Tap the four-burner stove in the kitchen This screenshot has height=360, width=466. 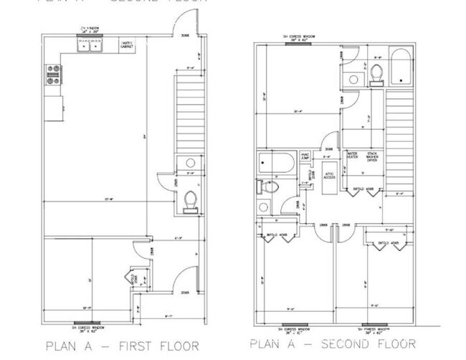coord(54,75)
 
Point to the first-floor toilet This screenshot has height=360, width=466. coord(190,199)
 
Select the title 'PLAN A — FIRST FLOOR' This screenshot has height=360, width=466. coord(122,346)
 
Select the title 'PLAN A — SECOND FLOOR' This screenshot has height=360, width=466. coord(333,344)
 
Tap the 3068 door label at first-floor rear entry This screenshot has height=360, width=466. coord(185,34)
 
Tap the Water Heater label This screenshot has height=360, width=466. coord(353,156)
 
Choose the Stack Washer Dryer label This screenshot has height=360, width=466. coord(373,156)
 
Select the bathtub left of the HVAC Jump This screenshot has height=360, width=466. coord(275,164)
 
